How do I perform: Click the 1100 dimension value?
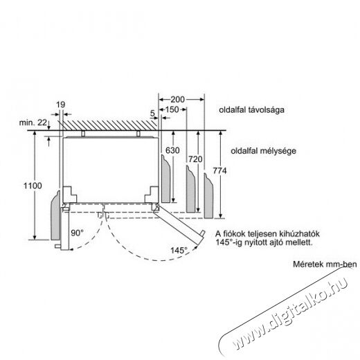(33, 186)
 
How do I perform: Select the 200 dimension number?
(177, 100)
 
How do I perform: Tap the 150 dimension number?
(172, 109)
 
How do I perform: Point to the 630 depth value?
(172, 150)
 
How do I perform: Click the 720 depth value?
(195, 159)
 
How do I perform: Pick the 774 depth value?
(219, 171)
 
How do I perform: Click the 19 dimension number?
(61, 105)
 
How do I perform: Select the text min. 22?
(33, 123)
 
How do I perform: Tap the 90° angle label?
(77, 233)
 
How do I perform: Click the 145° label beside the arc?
(179, 251)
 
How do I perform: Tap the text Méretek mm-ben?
(325, 264)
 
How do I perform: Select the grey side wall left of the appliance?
(55, 217)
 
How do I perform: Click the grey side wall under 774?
(208, 197)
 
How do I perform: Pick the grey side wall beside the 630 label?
(165, 179)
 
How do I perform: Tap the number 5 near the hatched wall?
(152, 114)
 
